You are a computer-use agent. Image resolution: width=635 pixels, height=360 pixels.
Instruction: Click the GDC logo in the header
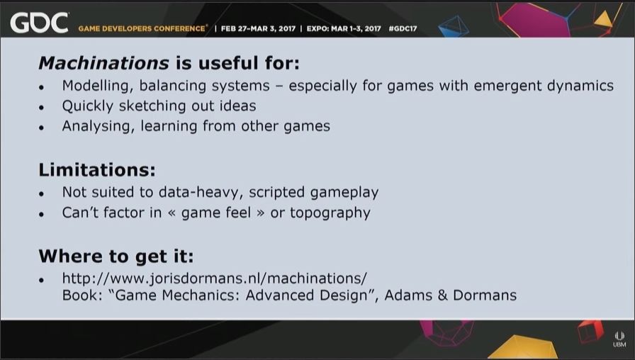pyautogui.click(x=39, y=23)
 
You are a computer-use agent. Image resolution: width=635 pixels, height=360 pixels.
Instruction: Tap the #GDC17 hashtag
pyautogui.click(x=403, y=29)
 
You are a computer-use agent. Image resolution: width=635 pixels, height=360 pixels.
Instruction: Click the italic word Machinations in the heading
pyautogui.click(x=103, y=63)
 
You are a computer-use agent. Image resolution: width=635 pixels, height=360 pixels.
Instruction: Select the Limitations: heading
pyautogui.click(x=97, y=169)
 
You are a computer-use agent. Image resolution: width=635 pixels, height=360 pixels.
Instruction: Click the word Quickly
pyautogui.click(x=87, y=106)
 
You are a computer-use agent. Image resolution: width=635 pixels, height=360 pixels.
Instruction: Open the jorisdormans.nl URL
pyautogui.click(x=215, y=279)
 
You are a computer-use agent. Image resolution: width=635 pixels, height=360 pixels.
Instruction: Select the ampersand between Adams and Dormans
pyautogui.click(x=442, y=296)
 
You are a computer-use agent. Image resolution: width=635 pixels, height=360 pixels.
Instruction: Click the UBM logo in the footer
pyautogui.click(x=619, y=339)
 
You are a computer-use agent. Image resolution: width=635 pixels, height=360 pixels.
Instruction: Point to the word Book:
pyautogui.click(x=82, y=296)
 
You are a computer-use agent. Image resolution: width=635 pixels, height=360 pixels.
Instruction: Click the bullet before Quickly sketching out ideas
pyautogui.click(x=41, y=108)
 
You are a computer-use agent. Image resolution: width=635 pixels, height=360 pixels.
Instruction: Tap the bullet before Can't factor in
pyautogui.click(x=41, y=215)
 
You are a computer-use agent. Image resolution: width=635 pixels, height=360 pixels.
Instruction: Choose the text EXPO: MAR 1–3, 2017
pyautogui.click(x=344, y=29)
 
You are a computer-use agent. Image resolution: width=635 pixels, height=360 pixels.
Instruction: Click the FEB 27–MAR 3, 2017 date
pyautogui.click(x=258, y=29)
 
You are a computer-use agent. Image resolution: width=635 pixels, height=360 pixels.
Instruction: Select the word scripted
pyautogui.click(x=276, y=192)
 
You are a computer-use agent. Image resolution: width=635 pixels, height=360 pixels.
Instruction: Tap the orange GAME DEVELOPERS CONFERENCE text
pyautogui.click(x=142, y=29)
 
